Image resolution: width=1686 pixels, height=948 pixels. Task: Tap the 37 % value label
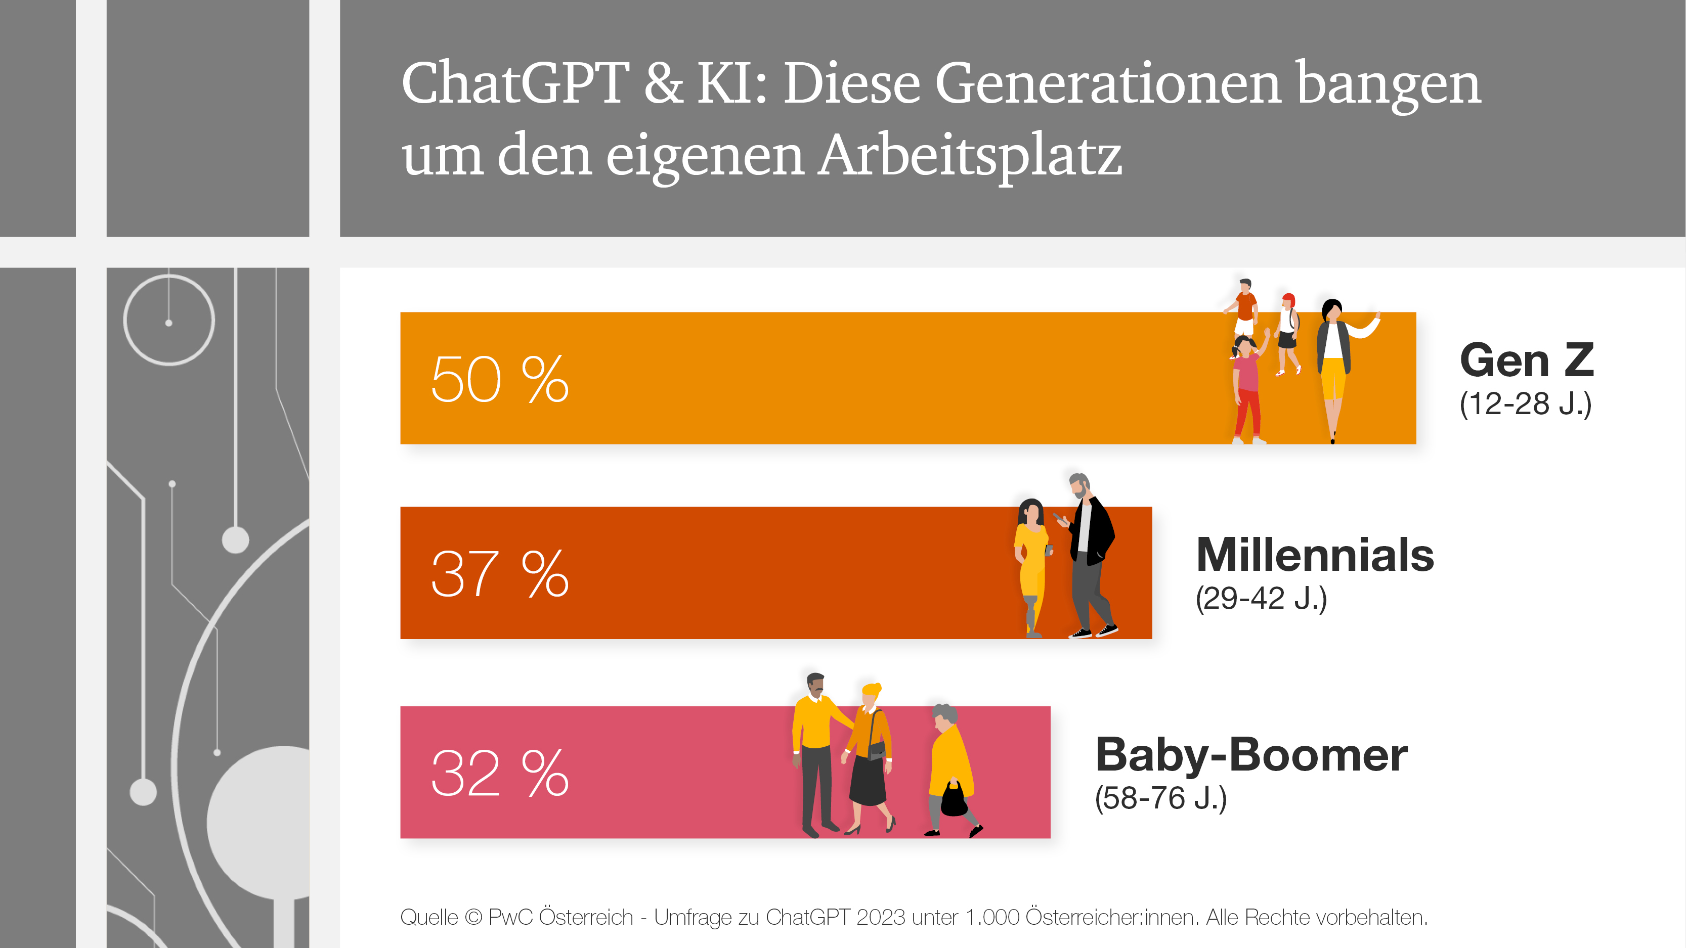pos(499,573)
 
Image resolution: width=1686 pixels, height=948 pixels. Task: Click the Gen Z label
pos(1526,360)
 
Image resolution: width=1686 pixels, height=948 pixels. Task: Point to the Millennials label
pos(1315,555)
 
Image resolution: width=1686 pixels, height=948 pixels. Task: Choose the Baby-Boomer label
pos(1251,754)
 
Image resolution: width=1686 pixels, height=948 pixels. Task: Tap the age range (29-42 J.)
pos(1261,598)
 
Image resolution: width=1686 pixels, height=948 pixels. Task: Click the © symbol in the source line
pos(472,917)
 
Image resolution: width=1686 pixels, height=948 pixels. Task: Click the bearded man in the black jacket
pos(1090,556)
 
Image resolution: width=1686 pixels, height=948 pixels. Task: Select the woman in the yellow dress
pos(1031,563)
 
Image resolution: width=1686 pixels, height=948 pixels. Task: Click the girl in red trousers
pos(1247,392)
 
